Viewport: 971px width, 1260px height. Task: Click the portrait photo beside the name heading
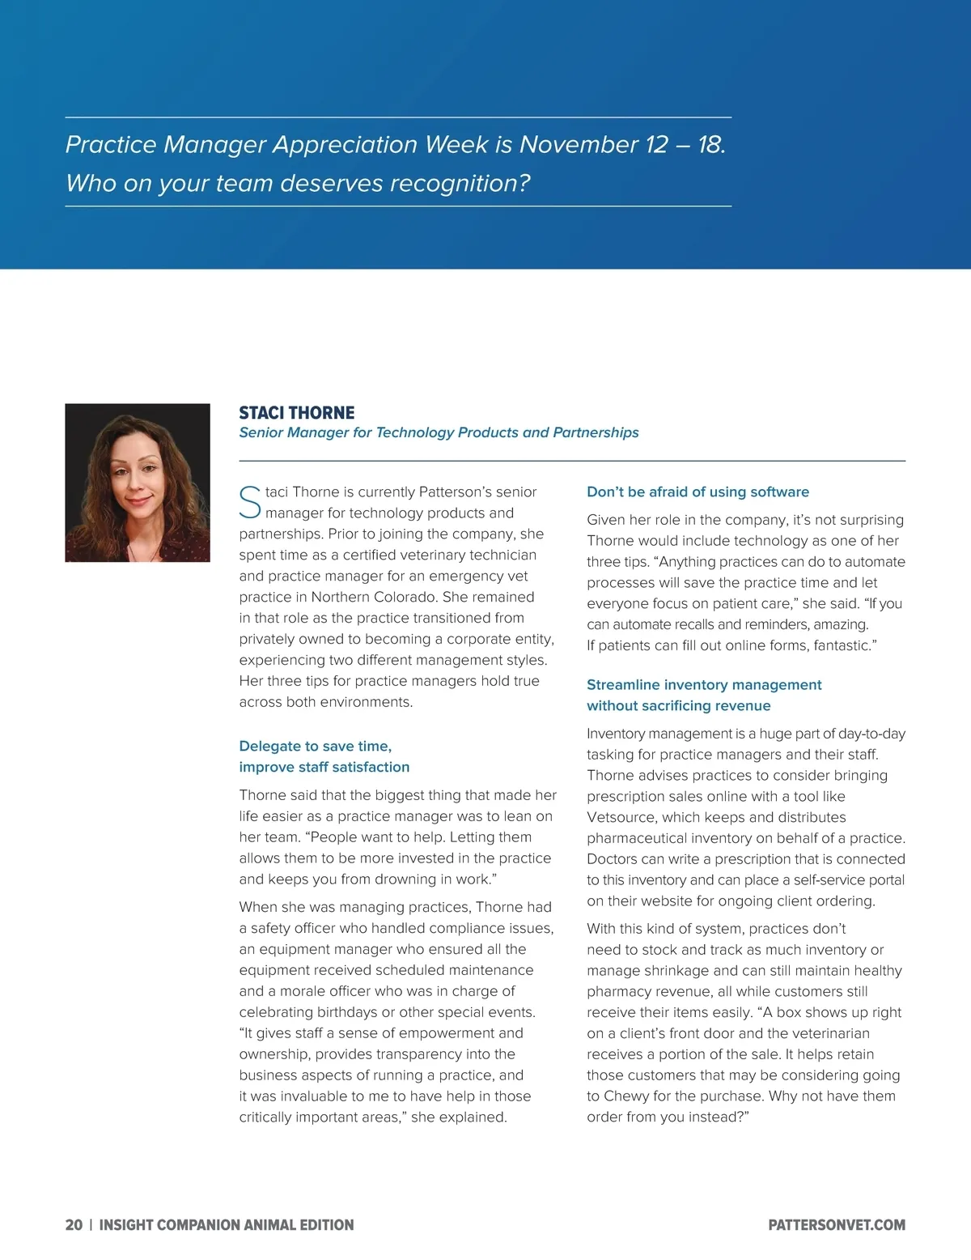click(x=138, y=483)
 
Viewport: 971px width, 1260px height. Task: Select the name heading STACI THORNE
click(x=297, y=413)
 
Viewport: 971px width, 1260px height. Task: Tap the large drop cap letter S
click(x=250, y=502)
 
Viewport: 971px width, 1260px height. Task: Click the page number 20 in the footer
click(x=74, y=1225)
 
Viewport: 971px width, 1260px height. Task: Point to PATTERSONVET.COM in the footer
click(x=837, y=1225)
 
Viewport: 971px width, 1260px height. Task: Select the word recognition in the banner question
click(x=460, y=183)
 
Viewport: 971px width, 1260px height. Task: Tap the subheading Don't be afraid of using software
click(x=698, y=492)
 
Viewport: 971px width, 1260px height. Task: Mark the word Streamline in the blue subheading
click(x=623, y=685)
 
